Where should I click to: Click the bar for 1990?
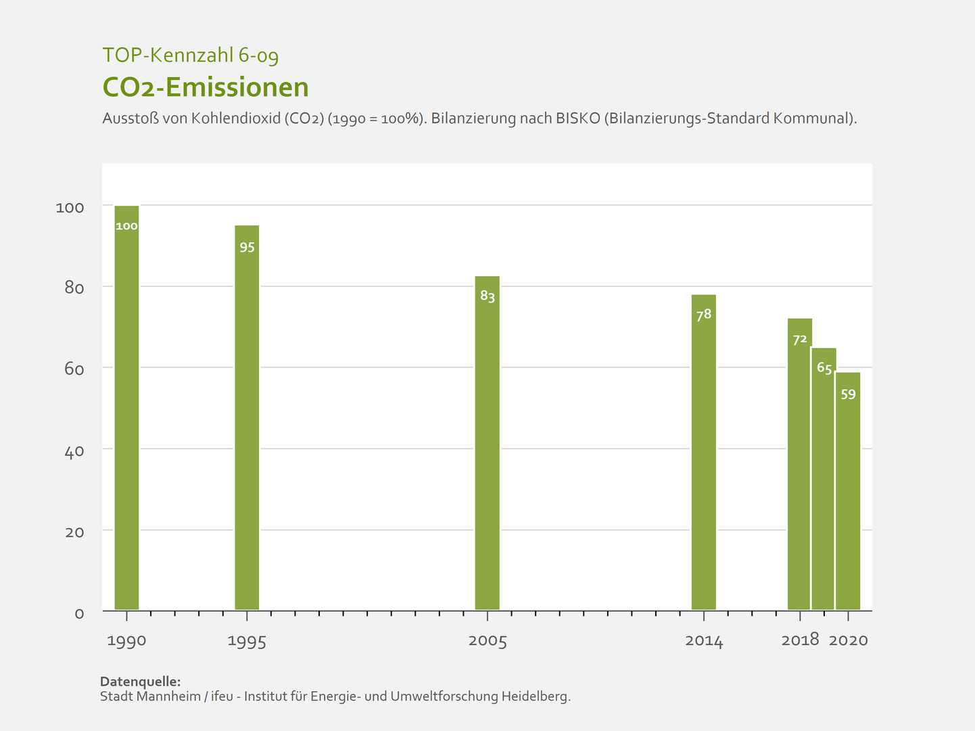point(126,407)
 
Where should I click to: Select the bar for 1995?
point(247,418)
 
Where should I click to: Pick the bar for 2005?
point(487,443)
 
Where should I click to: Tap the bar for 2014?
point(703,452)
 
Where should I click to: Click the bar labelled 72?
point(799,464)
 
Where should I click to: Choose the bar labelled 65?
point(824,479)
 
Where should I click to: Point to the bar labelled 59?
point(848,491)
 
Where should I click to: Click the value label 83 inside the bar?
point(487,296)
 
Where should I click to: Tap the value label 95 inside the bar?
point(247,248)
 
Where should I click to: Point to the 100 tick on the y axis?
point(70,207)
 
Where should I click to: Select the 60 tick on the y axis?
point(74,369)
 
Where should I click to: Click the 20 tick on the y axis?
point(74,532)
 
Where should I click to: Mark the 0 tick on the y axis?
point(79,613)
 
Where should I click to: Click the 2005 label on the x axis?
point(487,641)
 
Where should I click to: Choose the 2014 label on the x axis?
point(704,641)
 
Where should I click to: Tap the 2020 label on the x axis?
point(848,640)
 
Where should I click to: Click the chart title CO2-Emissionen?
point(206,87)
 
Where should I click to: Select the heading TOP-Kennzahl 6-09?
point(190,55)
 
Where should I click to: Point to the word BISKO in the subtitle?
point(578,118)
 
